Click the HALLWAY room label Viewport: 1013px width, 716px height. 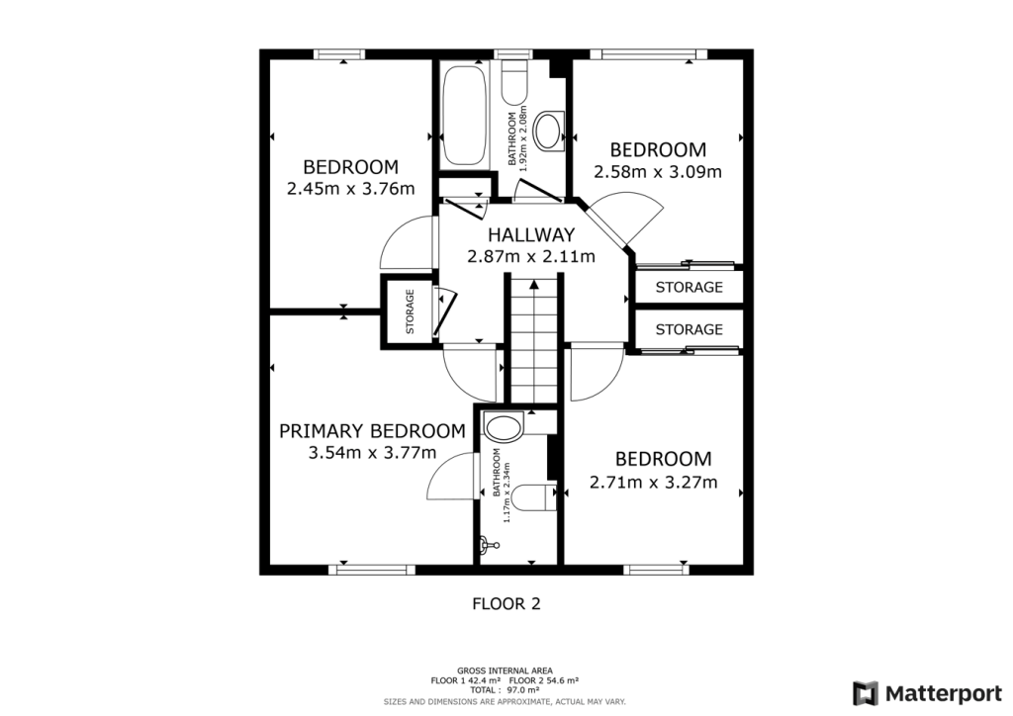(x=530, y=235)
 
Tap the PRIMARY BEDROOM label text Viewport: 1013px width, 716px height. (x=371, y=431)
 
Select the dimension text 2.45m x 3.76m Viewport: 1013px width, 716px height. (x=350, y=189)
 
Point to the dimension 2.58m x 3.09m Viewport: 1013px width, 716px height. (x=657, y=171)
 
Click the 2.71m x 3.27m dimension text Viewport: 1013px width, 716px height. (x=652, y=484)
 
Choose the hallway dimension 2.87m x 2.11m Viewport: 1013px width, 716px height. (x=530, y=257)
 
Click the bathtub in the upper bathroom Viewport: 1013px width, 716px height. (x=463, y=116)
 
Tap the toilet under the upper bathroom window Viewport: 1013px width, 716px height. (x=513, y=84)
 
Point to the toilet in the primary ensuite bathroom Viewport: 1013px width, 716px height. (x=535, y=496)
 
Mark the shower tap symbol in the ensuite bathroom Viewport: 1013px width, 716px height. (x=484, y=543)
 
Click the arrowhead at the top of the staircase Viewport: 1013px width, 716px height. (x=534, y=285)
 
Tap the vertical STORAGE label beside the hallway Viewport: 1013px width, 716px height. (x=409, y=312)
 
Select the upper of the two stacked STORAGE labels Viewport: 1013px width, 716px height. (x=689, y=288)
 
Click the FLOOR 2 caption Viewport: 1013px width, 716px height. (x=506, y=602)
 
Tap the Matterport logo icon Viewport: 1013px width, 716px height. (x=866, y=692)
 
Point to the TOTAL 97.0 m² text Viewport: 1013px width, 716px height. (x=506, y=691)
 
